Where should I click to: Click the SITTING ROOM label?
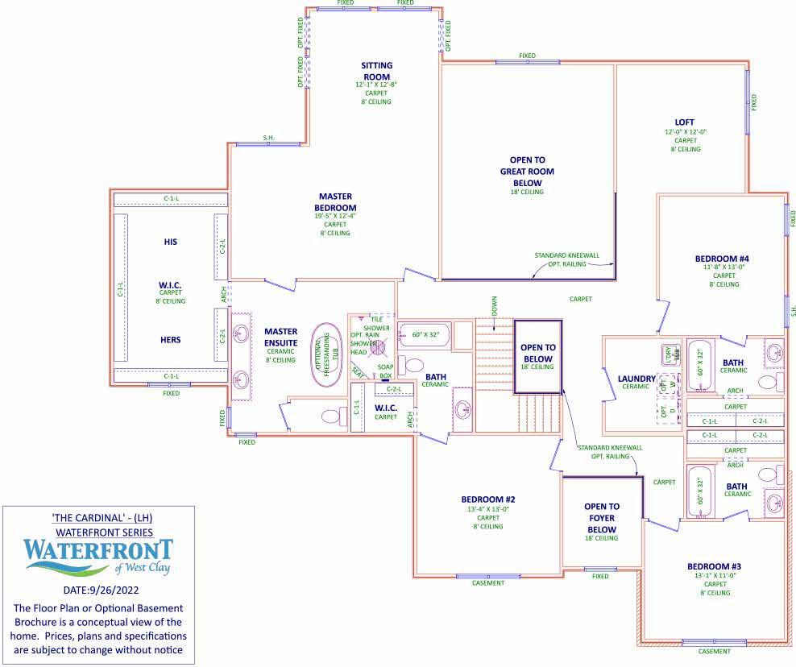click(377, 71)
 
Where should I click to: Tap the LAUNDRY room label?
click(636, 379)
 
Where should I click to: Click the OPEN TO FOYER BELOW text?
click(601, 518)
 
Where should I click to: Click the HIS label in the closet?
click(170, 242)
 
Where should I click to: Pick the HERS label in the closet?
click(170, 340)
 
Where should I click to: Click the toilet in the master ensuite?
click(331, 416)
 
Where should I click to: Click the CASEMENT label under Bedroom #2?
click(487, 583)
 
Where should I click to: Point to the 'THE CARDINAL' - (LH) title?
click(98, 517)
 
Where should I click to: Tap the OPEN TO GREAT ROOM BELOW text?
click(527, 171)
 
